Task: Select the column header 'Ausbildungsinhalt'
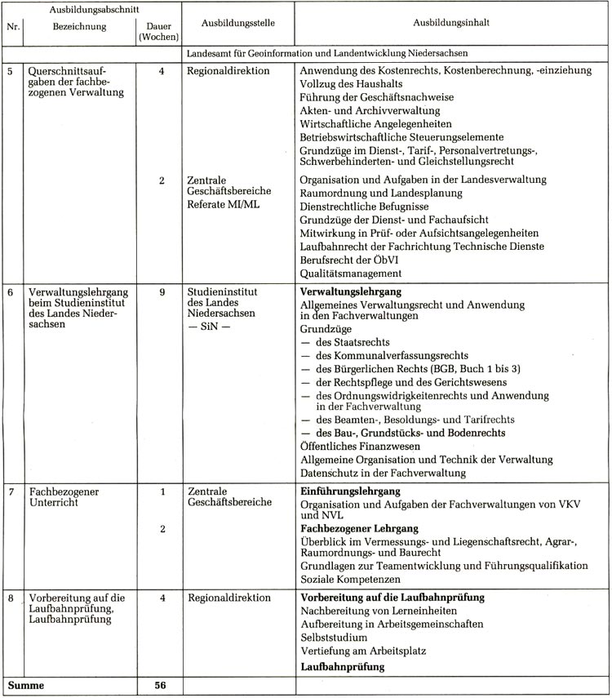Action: click(451, 24)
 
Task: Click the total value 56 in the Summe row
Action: click(161, 686)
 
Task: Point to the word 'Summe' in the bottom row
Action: click(25, 686)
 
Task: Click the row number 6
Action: click(11, 291)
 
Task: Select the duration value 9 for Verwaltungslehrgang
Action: click(162, 291)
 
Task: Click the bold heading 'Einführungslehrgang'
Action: click(350, 491)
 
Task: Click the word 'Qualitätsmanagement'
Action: click(351, 273)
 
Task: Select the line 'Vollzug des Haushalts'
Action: click(352, 84)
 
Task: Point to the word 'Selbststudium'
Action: click(334, 637)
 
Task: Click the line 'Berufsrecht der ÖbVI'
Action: click(351, 260)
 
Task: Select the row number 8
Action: click(11, 598)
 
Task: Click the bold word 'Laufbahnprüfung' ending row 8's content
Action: click(343, 667)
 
